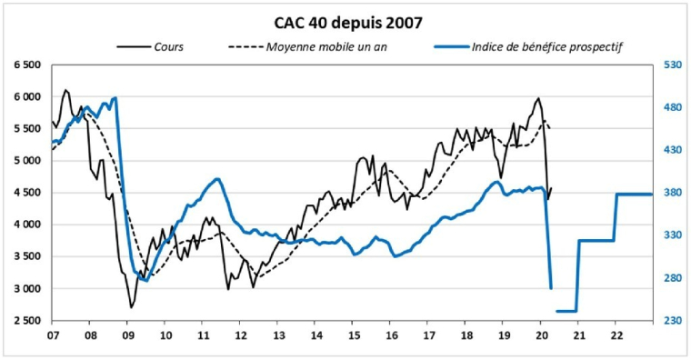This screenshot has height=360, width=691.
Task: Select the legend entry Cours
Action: coord(169,46)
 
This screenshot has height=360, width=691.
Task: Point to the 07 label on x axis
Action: coord(53,335)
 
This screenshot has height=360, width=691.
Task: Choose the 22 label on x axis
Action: coord(616,335)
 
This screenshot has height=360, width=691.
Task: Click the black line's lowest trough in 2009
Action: coord(131,307)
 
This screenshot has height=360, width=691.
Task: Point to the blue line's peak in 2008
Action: coord(115,97)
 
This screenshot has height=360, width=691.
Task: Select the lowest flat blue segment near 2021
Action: coord(566,311)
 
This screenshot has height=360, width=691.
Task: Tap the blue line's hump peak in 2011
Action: coord(218,179)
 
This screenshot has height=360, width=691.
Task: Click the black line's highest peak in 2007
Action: coord(65,90)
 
